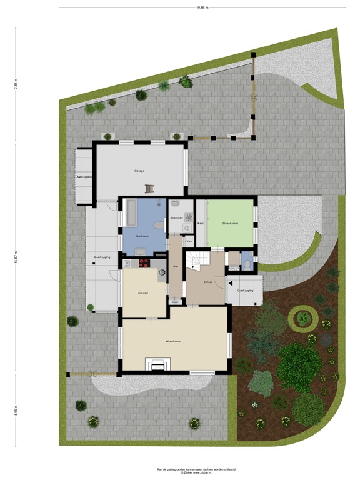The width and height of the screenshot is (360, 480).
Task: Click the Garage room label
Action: (139, 171)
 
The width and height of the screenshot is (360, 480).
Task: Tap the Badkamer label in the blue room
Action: (143, 236)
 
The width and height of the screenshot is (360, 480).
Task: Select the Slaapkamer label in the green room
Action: (230, 223)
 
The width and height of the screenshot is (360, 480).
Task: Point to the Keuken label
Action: (143, 292)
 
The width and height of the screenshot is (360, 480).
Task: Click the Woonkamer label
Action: (173, 342)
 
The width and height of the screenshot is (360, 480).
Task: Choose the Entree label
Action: (209, 282)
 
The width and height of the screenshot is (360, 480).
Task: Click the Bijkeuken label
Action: (177, 217)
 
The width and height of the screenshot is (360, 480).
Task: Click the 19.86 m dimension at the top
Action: (201, 7)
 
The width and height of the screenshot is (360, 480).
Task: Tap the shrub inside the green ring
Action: (304, 319)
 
